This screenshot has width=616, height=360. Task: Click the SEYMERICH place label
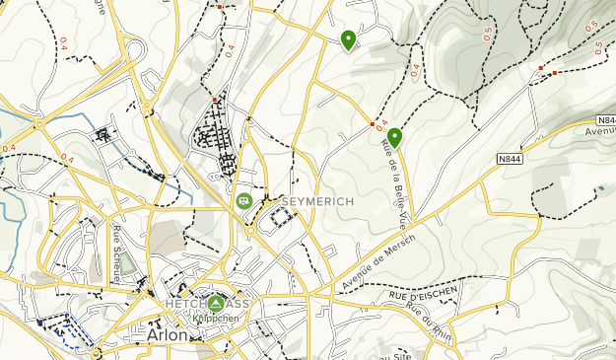(x=317, y=202)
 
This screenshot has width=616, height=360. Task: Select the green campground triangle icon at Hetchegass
(x=217, y=302)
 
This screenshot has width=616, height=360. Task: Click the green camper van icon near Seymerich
(x=242, y=200)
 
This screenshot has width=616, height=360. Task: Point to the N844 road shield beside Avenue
(x=509, y=158)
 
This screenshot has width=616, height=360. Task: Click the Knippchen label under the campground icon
(x=214, y=319)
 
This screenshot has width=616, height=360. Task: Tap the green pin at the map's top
(x=348, y=38)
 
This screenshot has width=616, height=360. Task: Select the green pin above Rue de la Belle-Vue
(x=394, y=137)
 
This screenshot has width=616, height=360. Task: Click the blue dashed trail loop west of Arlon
(x=68, y=328)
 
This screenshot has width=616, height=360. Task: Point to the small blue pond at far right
(x=600, y=187)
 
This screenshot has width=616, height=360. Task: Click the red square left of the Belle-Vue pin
(x=372, y=125)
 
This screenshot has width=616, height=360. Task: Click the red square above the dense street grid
(x=215, y=100)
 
